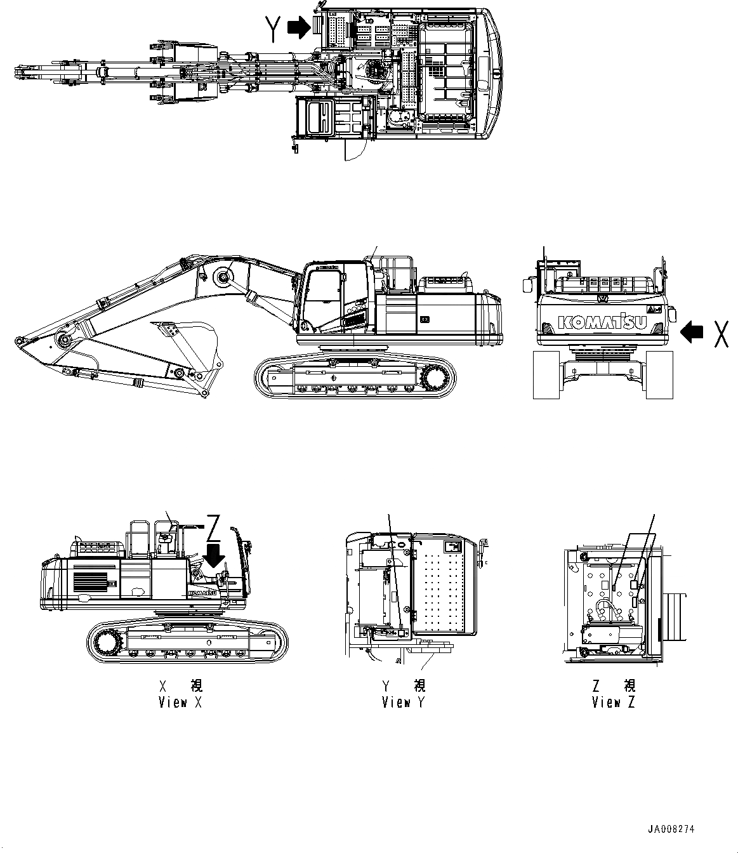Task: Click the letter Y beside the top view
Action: tap(273, 29)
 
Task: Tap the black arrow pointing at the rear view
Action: tap(692, 331)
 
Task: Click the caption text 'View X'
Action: tap(180, 703)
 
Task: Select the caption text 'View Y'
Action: tap(404, 703)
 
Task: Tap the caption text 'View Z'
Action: tap(613, 703)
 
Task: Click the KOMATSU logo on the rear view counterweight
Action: tap(602, 322)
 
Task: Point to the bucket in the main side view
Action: tap(187, 346)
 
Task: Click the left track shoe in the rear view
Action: tap(546, 376)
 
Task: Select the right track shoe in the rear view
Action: tap(659, 376)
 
